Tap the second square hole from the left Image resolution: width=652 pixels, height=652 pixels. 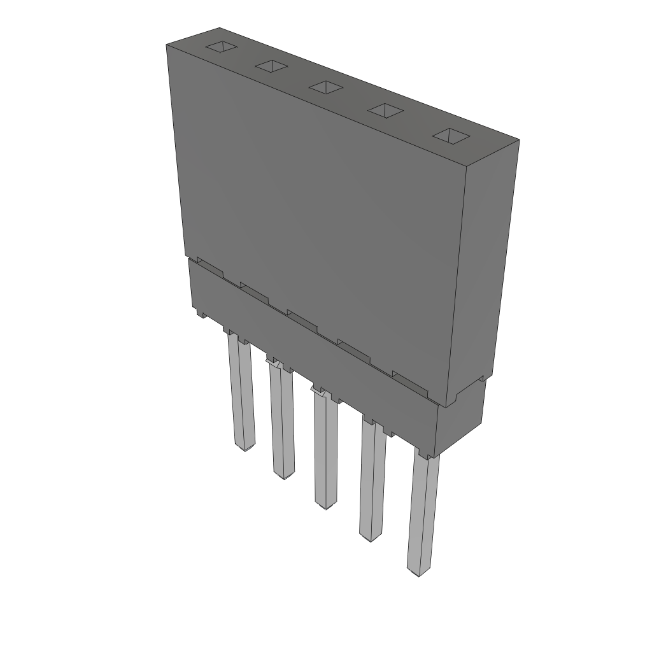[x=272, y=66]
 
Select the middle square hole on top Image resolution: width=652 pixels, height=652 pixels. [x=326, y=87]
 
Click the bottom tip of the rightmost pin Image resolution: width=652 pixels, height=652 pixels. [x=418, y=572]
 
